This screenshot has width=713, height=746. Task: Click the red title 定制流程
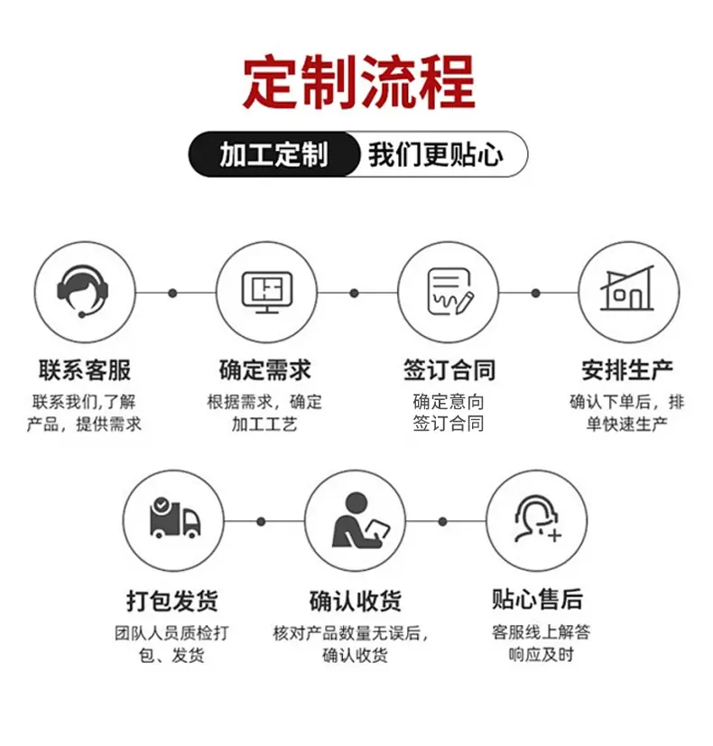(359, 82)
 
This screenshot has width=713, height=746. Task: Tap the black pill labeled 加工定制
(273, 154)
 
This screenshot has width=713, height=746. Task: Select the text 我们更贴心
(435, 154)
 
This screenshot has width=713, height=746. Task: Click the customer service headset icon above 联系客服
(83, 291)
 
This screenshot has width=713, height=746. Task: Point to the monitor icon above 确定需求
(267, 292)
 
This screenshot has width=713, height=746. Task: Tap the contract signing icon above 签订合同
(450, 292)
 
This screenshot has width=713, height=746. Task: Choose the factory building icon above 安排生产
(627, 288)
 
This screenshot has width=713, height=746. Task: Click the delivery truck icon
(175, 518)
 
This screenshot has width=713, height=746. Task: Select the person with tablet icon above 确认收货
(361, 520)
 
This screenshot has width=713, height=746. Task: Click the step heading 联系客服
(85, 370)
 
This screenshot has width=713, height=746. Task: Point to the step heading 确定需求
(265, 370)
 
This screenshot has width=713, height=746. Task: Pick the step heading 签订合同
(449, 370)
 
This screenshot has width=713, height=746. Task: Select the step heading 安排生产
(627, 370)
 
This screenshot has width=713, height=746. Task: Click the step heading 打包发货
(172, 601)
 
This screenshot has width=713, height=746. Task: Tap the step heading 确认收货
(356, 601)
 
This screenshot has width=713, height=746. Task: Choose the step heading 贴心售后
(537, 600)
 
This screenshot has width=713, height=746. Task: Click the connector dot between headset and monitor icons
(173, 293)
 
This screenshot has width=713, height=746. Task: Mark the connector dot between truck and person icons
(261, 522)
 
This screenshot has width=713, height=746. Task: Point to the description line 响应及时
(541, 655)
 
